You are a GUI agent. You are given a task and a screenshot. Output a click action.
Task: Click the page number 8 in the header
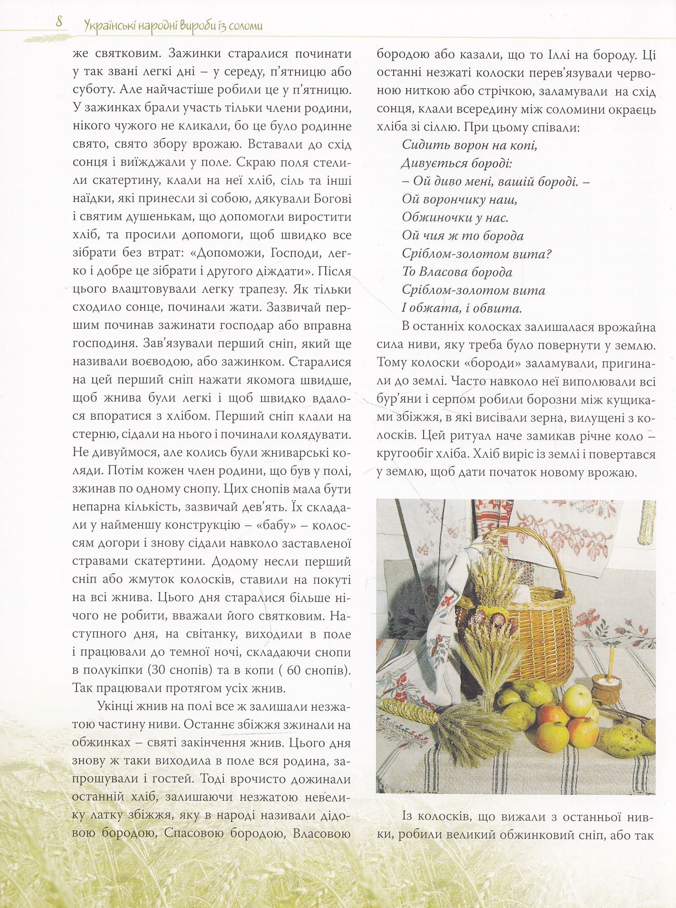click(59, 22)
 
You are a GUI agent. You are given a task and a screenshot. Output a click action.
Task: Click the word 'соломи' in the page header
click(246, 26)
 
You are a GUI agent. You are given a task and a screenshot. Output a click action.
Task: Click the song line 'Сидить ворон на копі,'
click(469, 145)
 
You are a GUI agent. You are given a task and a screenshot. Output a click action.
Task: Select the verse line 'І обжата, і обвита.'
click(462, 309)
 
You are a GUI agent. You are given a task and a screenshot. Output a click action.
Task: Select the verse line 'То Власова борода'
click(457, 272)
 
